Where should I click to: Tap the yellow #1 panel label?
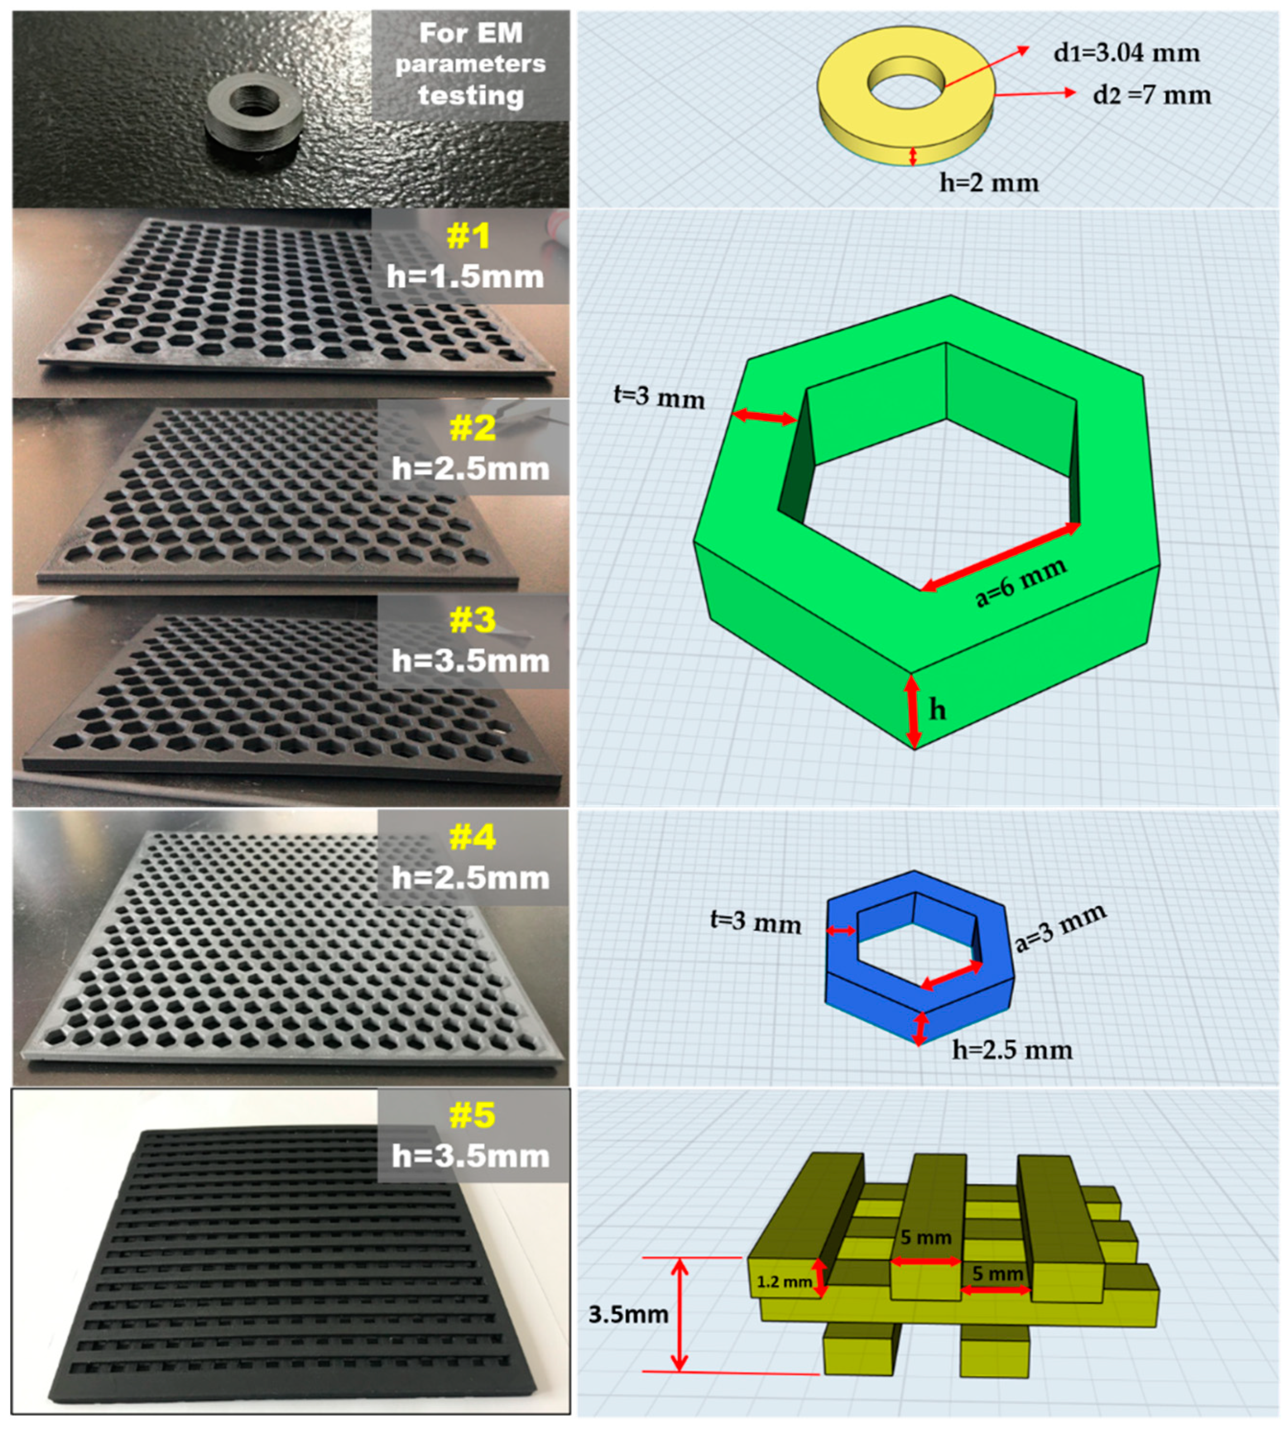click(469, 236)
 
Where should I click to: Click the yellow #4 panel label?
click(473, 838)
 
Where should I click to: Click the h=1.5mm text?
click(465, 276)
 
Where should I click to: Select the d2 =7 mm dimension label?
click(1152, 95)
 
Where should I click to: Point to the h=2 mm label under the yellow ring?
click(989, 183)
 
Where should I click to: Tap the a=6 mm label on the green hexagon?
click(1021, 583)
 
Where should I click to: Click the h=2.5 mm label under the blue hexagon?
click(1013, 1050)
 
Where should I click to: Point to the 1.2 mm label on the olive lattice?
click(784, 1281)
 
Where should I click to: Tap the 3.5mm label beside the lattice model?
click(628, 1314)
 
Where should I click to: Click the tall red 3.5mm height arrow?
click(679, 1315)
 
